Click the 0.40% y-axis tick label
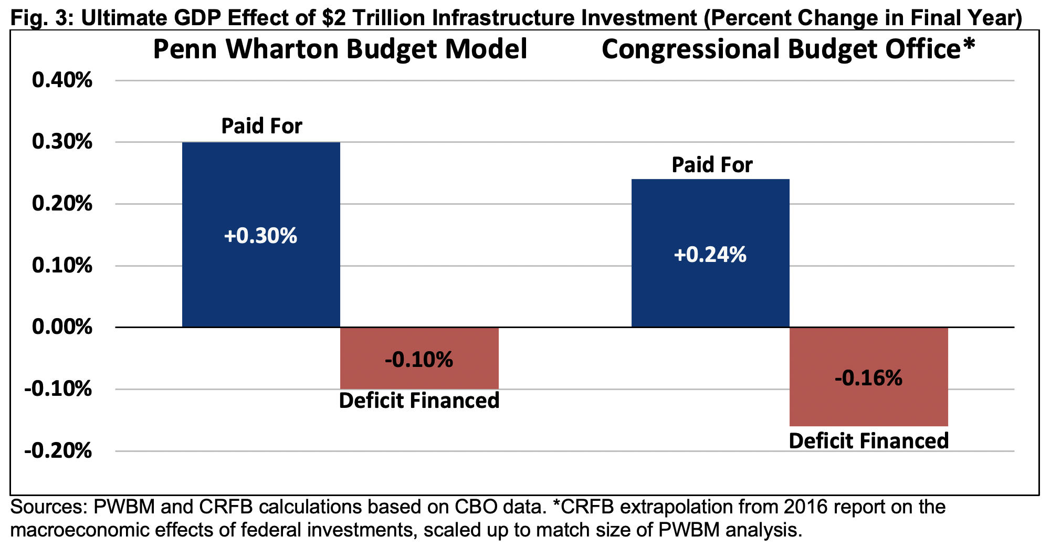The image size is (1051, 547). pyautogui.click(x=62, y=81)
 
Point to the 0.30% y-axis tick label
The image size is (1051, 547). pyautogui.click(x=62, y=142)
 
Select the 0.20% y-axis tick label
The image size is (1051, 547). pyautogui.click(x=62, y=204)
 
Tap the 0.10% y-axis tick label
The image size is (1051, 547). pyautogui.click(x=62, y=266)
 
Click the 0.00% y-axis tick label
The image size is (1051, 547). pyautogui.click(x=62, y=327)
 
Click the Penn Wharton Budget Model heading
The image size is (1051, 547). pyautogui.click(x=340, y=50)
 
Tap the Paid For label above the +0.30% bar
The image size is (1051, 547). pyautogui.click(x=261, y=127)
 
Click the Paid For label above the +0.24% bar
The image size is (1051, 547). pyautogui.click(x=712, y=165)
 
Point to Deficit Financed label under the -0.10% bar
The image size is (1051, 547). pyautogui.click(x=419, y=401)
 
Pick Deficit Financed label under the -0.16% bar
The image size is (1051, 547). pyautogui.click(x=868, y=441)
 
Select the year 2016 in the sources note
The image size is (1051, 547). pyautogui.click(x=807, y=507)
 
